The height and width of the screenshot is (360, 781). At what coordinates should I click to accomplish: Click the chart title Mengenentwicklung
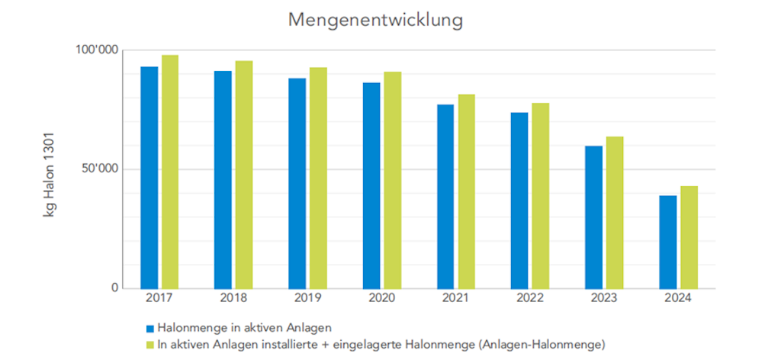(375, 21)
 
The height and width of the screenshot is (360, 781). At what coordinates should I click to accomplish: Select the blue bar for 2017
(149, 177)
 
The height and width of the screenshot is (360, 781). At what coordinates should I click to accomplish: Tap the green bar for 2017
(170, 172)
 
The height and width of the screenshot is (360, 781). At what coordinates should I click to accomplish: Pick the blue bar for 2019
(297, 183)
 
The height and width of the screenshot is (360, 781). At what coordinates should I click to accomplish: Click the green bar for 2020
(393, 180)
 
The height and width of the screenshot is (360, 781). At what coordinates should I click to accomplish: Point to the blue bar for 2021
(445, 196)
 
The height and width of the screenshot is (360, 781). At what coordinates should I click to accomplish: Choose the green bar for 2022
(541, 195)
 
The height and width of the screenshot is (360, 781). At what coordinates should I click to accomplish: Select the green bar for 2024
(689, 236)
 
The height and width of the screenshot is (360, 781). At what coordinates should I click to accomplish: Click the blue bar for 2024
(668, 242)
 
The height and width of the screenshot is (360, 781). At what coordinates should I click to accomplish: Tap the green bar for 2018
(244, 175)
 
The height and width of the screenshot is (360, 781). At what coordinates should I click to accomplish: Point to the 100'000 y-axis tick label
(98, 50)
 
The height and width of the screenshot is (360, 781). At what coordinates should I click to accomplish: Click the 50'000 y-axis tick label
(100, 169)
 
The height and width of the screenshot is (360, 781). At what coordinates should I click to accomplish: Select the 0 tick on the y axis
(115, 288)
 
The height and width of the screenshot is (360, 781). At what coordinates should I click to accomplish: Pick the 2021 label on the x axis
(455, 299)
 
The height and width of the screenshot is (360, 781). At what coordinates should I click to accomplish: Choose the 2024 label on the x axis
(678, 299)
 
